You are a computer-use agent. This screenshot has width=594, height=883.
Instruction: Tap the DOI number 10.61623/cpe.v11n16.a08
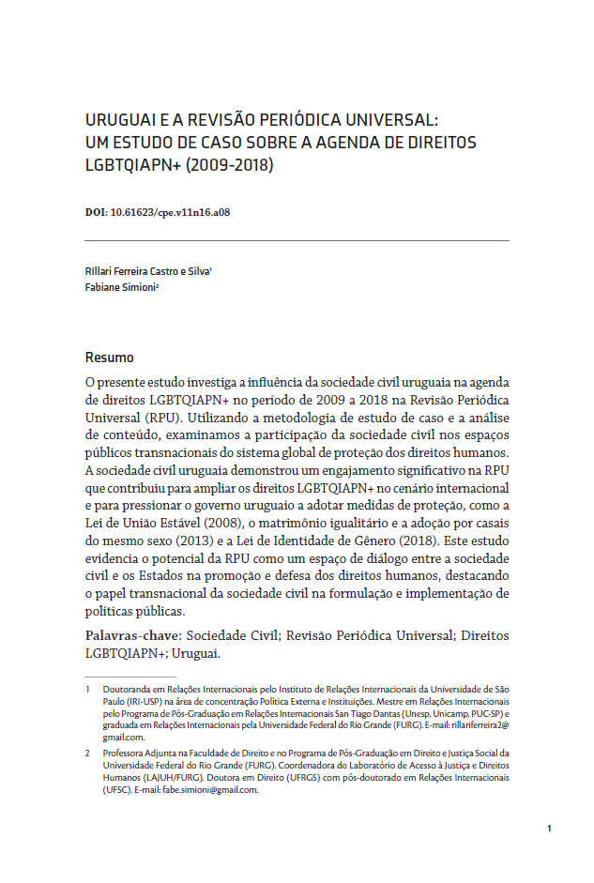coord(170,212)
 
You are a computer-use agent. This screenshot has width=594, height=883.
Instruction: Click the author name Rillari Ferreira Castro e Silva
coord(146,271)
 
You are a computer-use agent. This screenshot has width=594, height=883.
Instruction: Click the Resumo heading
coord(109,358)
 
